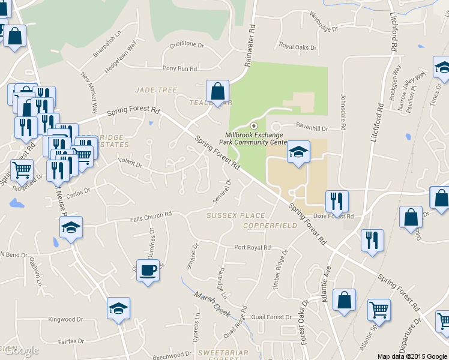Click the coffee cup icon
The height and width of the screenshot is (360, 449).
148,271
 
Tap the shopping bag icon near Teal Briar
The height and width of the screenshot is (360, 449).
217,92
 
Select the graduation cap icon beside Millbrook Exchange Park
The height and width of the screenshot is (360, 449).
298,152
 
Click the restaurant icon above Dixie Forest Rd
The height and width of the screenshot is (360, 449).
337,202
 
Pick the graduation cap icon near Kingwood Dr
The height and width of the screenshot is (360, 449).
118,310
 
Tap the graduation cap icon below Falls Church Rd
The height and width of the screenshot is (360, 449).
71,228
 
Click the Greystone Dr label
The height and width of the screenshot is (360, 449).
187,44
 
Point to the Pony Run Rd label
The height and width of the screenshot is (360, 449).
179,69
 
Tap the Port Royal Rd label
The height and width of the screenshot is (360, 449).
252,247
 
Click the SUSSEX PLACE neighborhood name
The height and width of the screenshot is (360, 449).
235,215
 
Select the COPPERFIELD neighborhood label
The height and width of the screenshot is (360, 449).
270,226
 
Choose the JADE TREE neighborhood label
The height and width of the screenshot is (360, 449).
156,90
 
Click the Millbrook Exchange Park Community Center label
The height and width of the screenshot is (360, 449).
256,139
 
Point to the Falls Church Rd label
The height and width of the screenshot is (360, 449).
151,214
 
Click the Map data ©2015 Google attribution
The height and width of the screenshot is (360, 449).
411,356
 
